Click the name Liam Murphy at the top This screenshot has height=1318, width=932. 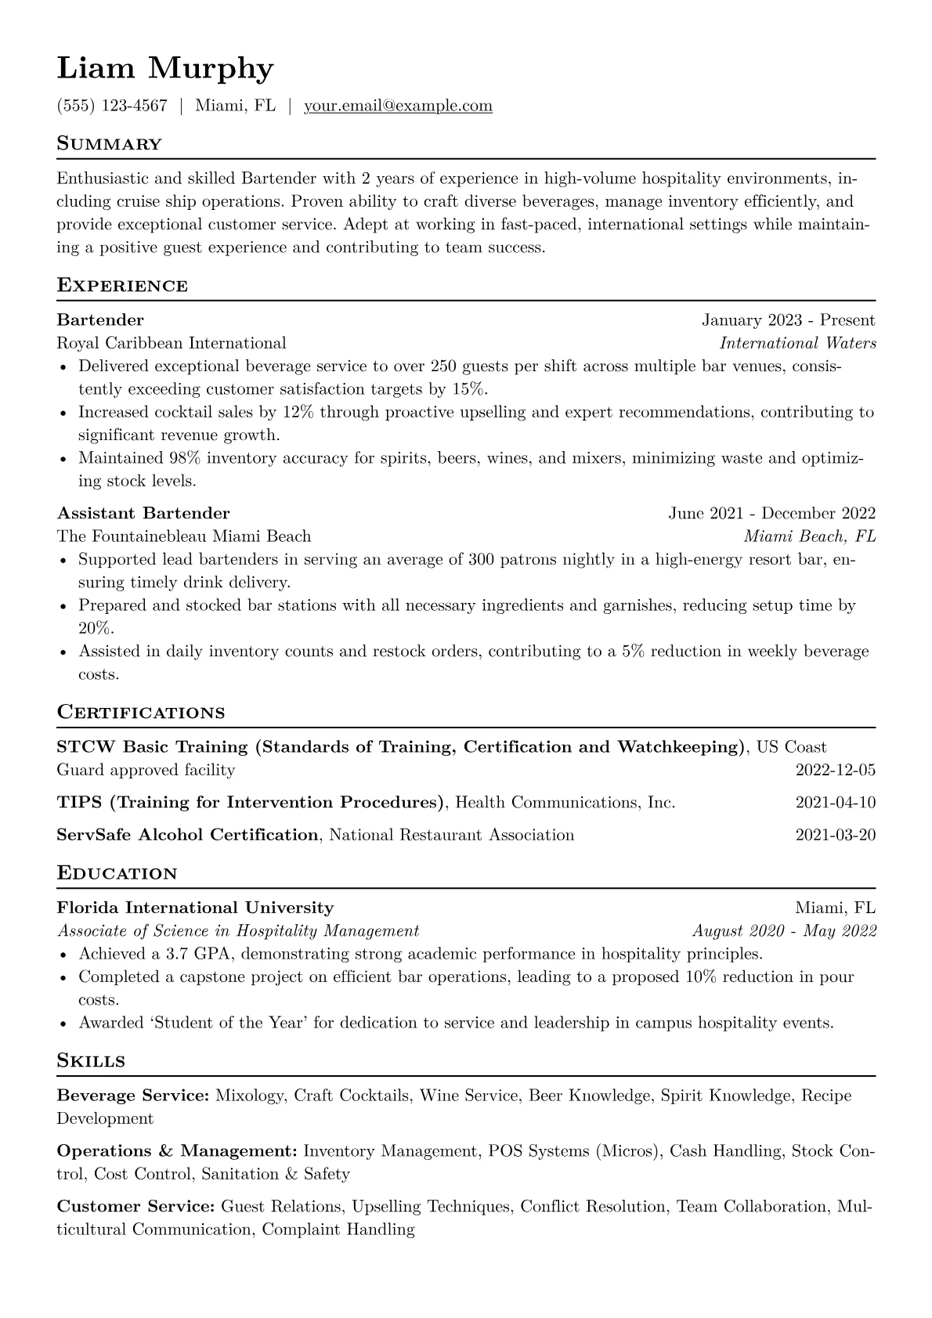tap(165, 69)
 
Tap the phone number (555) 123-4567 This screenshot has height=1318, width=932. tap(112, 106)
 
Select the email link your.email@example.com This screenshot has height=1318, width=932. tap(398, 106)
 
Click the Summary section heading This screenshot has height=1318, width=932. tap(110, 144)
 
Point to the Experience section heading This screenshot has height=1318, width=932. tap(122, 286)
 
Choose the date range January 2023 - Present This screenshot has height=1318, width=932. tap(788, 320)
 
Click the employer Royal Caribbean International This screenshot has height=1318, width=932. tap(172, 343)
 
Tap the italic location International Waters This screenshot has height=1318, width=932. tap(797, 343)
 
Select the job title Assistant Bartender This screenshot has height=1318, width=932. tap(143, 513)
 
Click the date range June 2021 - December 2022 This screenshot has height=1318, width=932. tap(771, 513)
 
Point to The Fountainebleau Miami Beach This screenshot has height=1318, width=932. tap(184, 536)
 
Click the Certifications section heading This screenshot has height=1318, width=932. tap(141, 713)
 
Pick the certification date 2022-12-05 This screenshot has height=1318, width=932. tap(835, 770)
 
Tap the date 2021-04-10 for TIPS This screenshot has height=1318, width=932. tap(835, 803)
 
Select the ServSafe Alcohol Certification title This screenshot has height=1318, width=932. tap(188, 835)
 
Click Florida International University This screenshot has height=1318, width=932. tap(195, 908)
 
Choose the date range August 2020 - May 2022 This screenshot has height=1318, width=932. tap(784, 931)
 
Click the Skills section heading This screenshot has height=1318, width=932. tap(91, 1061)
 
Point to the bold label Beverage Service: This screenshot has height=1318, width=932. tap(133, 1096)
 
